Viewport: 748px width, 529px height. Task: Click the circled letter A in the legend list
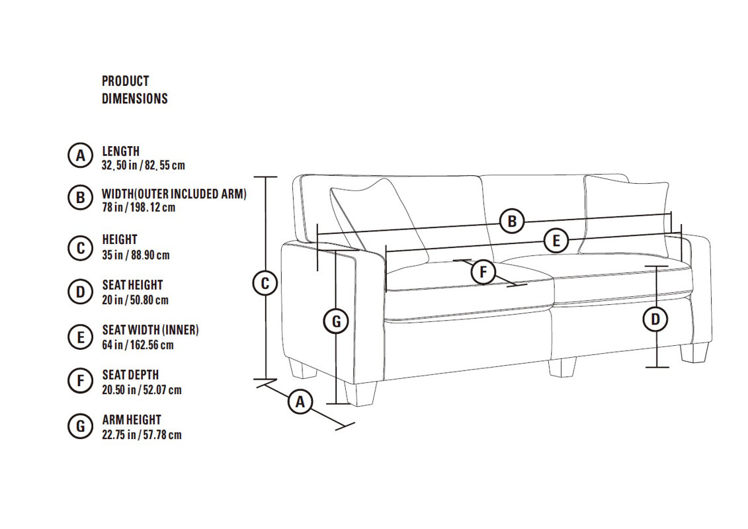click(x=80, y=155)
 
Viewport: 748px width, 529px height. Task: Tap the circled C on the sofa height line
click(x=265, y=283)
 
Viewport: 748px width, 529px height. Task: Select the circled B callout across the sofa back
click(x=512, y=222)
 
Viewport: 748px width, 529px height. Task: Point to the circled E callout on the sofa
click(x=556, y=241)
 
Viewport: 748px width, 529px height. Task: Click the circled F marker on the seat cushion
click(x=483, y=272)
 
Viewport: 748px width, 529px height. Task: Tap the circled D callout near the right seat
click(x=655, y=319)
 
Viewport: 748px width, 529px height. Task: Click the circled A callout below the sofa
click(x=300, y=401)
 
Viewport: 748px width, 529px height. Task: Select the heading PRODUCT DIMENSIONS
click(x=134, y=90)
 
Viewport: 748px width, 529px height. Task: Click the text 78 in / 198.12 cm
click(x=138, y=208)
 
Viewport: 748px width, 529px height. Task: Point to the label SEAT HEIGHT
click(x=133, y=285)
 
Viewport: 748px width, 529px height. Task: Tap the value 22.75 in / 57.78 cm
click(x=142, y=434)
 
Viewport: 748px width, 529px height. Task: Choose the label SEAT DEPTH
click(x=130, y=375)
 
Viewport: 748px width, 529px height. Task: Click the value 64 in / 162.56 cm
click(x=138, y=345)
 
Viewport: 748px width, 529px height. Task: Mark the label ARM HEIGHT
click(x=132, y=420)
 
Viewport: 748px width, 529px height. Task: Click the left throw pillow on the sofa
click(x=377, y=220)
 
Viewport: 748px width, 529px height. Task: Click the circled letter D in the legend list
click(x=80, y=292)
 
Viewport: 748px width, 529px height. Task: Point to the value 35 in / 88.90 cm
click(x=136, y=255)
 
